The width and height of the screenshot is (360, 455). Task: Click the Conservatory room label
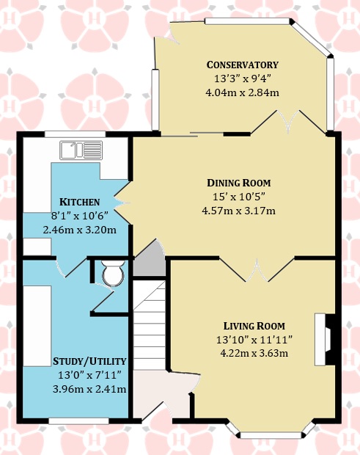pos(242,65)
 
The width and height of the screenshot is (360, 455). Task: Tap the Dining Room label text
pos(239,183)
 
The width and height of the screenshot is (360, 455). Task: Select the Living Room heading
pos(254,326)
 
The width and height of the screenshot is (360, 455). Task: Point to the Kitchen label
pos(79,202)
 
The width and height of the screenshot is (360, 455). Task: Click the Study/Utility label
pos(89,361)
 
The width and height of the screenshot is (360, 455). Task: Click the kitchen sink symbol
pos(81,150)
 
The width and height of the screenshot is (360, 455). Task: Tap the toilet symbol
pos(113,272)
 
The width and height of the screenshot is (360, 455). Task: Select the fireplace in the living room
pos(325,339)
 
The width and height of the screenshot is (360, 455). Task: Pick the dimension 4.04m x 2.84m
pos(242,92)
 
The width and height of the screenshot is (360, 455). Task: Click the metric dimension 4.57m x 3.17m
pos(238,211)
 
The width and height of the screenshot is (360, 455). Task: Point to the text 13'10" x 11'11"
pos(254,340)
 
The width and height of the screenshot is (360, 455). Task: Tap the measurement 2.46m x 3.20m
pos(80,230)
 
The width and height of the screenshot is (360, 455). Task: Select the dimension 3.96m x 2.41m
pos(89,389)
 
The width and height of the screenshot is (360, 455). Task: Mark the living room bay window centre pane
pos(271,435)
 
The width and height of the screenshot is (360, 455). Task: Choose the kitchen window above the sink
pos(75,134)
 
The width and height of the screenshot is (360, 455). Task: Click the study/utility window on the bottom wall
pos(78,421)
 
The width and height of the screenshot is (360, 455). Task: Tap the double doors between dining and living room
pos(257,269)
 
